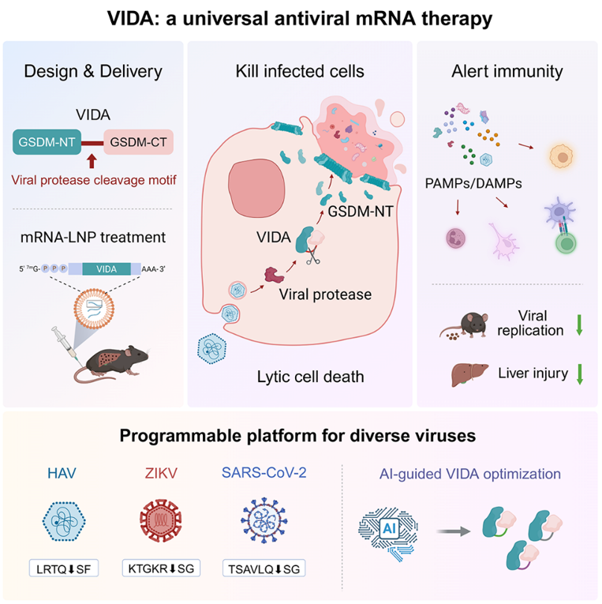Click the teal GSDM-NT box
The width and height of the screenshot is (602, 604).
pyautogui.click(x=47, y=142)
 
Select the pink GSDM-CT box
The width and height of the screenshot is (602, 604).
pyautogui.click(x=138, y=142)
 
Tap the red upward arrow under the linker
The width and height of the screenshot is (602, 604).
pyautogui.click(x=92, y=161)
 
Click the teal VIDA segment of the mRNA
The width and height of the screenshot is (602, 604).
pyautogui.click(x=107, y=269)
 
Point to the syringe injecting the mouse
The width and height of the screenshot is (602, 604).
pyautogui.click(x=66, y=344)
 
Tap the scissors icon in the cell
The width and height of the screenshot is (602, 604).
pyautogui.click(x=312, y=255)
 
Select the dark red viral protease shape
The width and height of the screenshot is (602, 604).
pyautogui.click(x=274, y=275)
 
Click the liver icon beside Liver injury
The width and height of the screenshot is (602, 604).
pyautogui.click(x=469, y=374)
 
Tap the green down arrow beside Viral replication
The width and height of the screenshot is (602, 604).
pyautogui.click(x=579, y=325)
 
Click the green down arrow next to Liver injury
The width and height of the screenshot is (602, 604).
pyautogui.click(x=579, y=374)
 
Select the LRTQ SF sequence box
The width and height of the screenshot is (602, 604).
pyautogui.click(x=64, y=568)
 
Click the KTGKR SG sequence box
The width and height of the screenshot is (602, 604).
pyautogui.click(x=161, y=568)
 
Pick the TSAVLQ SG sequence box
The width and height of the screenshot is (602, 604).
pyautogui.click(x=264, y=568)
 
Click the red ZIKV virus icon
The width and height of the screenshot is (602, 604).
pyautogui.click(x=160, y=521)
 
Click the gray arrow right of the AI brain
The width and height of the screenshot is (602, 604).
pyautogui.click(x=454, y=531)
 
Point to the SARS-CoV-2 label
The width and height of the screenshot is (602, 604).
pyautogui.click(x=264, y=473)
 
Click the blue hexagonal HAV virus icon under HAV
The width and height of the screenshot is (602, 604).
pyautogui.click(x=64, y=521)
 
